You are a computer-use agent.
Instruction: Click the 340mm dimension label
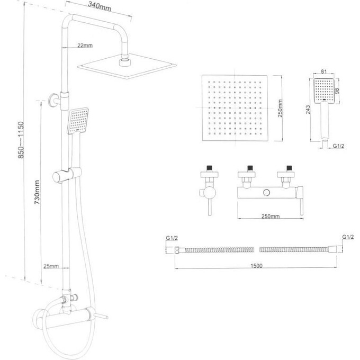(100, 6)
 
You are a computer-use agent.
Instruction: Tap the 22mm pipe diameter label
(85, 45)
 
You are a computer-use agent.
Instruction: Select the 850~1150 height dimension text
(21, 140)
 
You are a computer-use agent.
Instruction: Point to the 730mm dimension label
(37, 192)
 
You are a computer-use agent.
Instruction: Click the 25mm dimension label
(51, 266)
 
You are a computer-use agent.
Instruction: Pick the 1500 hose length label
(256, 266)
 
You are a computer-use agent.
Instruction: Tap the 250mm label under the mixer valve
(271, 217)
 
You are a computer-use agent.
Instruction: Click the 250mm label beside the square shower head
(280, 109)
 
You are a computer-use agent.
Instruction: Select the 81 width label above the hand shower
(323, 71)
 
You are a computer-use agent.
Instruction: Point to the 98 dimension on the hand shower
(337, 91)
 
